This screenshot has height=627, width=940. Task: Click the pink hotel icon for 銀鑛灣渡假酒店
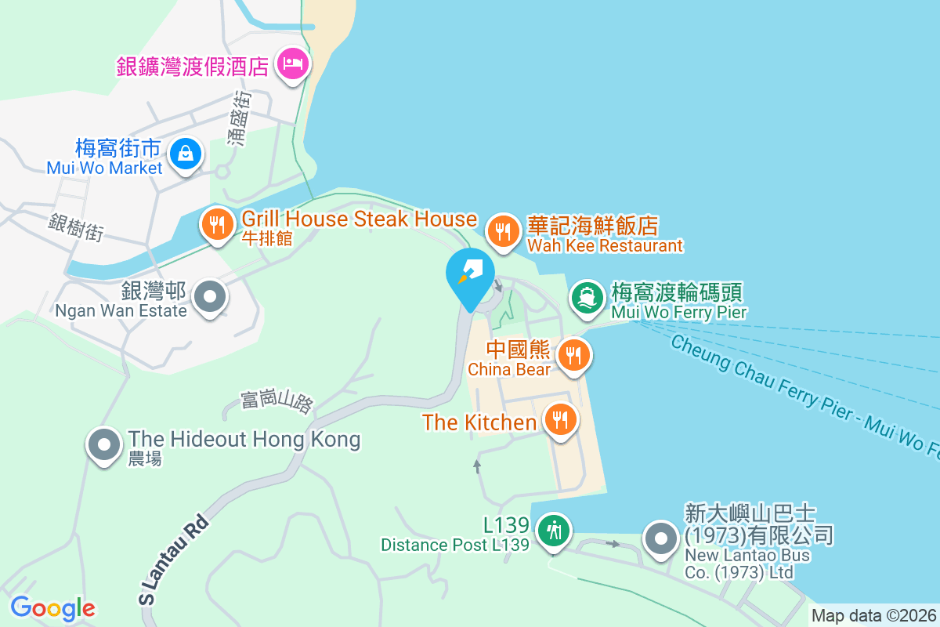(293, 63)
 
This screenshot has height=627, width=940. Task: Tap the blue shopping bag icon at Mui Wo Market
(185, 153)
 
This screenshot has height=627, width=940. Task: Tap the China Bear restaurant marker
(574, 354)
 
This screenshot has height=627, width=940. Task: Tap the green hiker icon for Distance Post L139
(554, 531)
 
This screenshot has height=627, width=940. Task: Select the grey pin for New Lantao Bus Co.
(660, 538)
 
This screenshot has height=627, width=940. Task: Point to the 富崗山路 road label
(277, 400)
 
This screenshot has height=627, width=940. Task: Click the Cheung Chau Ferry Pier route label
(799, 396)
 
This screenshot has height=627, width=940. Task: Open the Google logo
(53, 607)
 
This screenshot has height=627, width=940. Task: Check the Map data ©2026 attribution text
(873, 615)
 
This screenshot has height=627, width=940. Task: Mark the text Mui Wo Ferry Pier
(678, 313)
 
